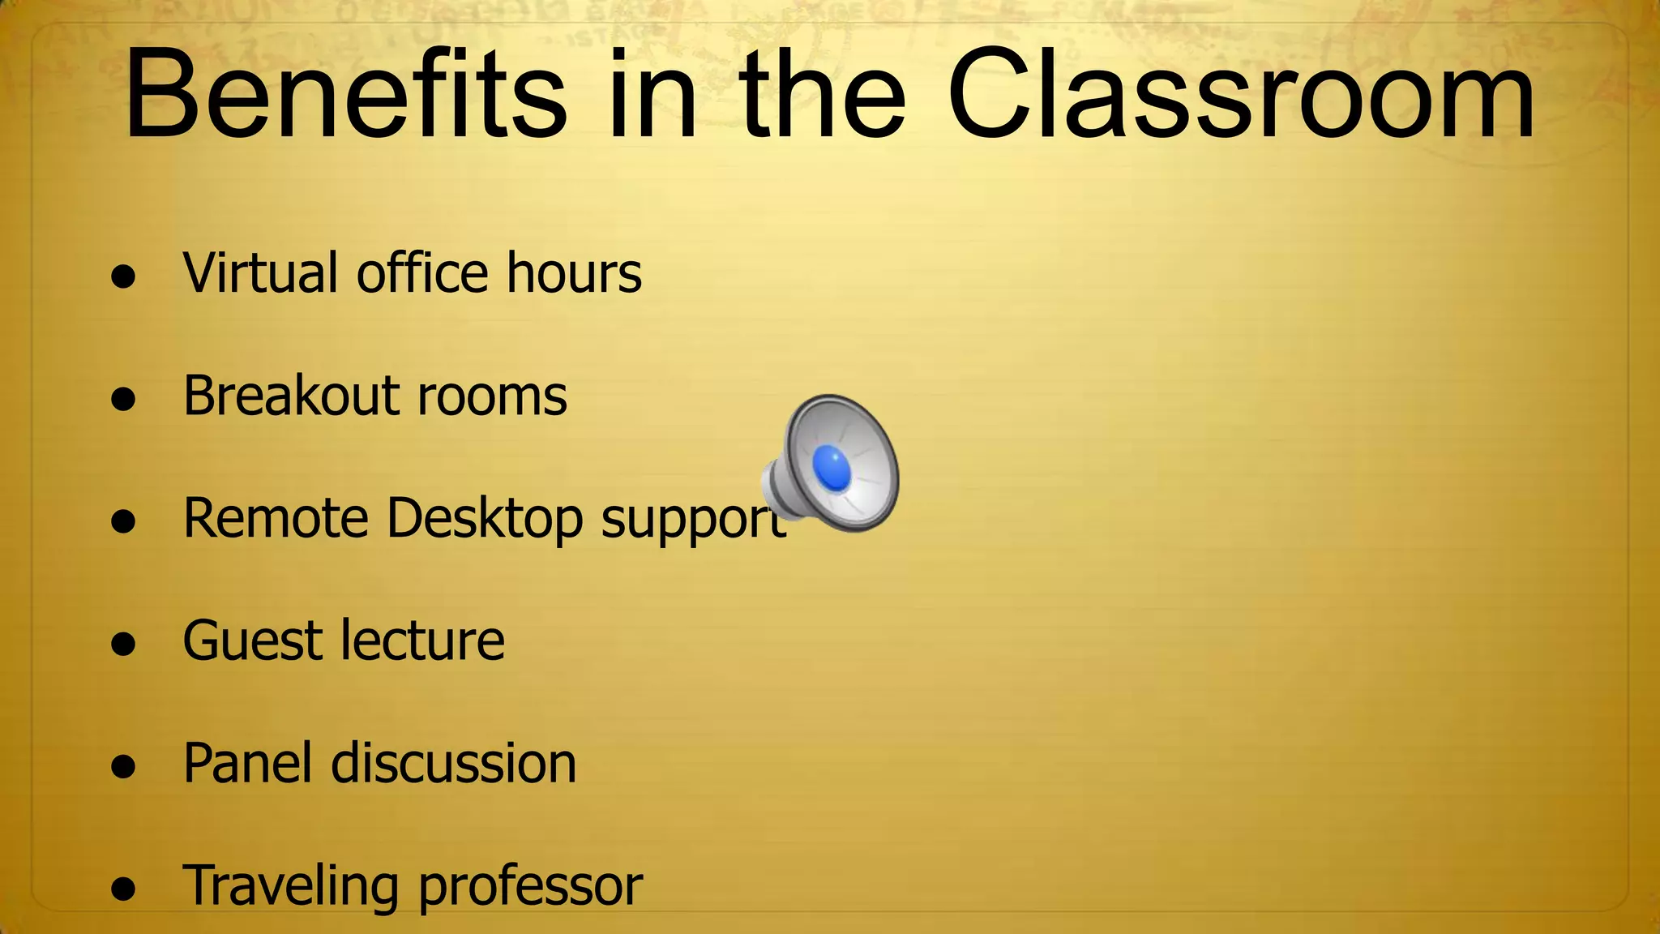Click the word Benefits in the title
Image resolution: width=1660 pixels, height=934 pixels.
pos(345,95)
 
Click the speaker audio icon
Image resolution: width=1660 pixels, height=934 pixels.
pos(832,464)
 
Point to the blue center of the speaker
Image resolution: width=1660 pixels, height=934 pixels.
pos(832,468)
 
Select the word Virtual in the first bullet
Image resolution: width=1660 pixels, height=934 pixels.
pos(260,272)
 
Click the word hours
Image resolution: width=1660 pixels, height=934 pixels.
pos(574,272)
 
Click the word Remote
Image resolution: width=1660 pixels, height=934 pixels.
pos(276,518)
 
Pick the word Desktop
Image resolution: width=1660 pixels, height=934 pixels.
pos(485,520)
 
